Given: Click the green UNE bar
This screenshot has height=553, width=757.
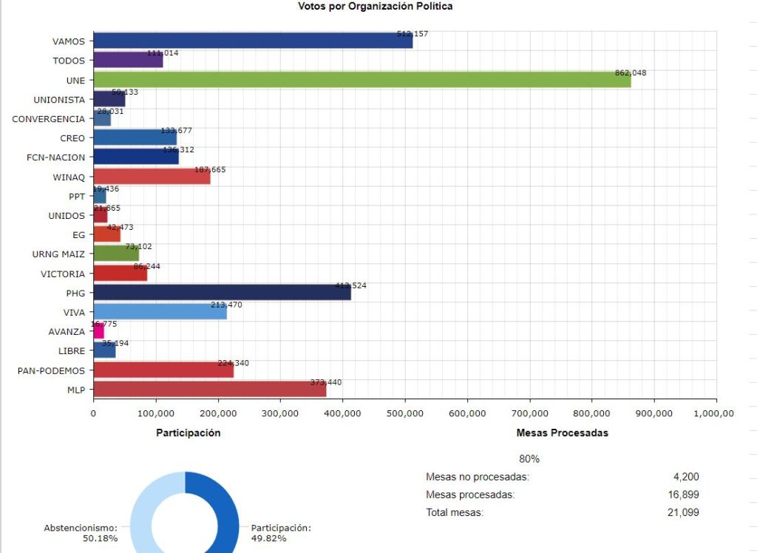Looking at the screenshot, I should (362, 80).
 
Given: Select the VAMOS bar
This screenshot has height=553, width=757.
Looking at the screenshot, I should (253, 41).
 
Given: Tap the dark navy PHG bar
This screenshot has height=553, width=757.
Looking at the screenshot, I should (222, 292).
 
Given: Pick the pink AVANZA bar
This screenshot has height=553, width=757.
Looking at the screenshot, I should (98, 331).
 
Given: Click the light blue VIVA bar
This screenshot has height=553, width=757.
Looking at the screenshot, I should (160, 312).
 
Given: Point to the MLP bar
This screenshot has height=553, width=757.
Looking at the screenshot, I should (209, 389).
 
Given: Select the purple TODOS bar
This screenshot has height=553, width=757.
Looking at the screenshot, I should (128, 61).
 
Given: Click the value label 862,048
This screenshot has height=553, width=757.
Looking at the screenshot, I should (631, 73).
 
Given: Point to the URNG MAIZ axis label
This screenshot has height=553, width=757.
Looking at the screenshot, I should (58, 254).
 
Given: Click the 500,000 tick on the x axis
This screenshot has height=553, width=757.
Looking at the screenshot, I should (405, 414).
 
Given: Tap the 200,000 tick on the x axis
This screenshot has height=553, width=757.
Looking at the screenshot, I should (218, 414).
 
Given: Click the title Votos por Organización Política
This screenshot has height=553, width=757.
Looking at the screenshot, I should (375, 7).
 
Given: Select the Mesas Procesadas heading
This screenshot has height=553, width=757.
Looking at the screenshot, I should (562, 432).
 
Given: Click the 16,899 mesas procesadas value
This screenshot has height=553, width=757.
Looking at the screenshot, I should (683, 495).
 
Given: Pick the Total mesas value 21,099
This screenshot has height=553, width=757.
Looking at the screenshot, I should (683, 512).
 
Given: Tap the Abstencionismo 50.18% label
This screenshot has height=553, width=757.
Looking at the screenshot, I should (80, 532).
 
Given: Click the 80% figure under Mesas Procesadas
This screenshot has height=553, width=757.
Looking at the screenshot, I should (529, 458).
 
